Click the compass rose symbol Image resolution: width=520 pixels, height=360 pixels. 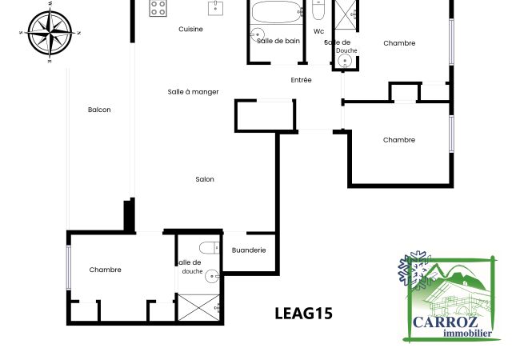click(50, 33)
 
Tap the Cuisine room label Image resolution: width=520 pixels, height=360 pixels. click(190, 29)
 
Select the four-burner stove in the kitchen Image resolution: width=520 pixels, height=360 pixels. click(158, 8)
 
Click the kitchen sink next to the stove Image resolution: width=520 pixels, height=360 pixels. click(215, 8)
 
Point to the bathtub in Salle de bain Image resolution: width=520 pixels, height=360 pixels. click(277, 12)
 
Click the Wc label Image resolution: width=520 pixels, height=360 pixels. click(318, 31)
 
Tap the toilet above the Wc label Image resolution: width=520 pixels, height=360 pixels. click(318, 10)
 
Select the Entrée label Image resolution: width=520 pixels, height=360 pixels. click(301, 80)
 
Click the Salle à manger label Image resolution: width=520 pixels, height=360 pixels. click(193, 92)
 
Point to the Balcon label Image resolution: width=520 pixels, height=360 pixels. click(99, 110)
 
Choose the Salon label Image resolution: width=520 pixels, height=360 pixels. click(205, 179)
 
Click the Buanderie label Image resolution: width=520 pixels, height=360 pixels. click(249, 250)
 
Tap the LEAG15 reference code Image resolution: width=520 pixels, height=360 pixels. click(303, 314)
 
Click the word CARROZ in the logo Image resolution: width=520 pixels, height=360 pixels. click(446, 322)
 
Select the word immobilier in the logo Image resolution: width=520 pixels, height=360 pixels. click(468, 333)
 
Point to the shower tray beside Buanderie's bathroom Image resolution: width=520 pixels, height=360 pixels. click(199, 307)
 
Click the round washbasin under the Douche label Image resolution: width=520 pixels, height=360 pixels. click(345, 61)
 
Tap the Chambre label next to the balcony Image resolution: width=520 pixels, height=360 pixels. click(105, 270)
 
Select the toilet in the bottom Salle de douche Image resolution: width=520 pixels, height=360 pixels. click(210, 248)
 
